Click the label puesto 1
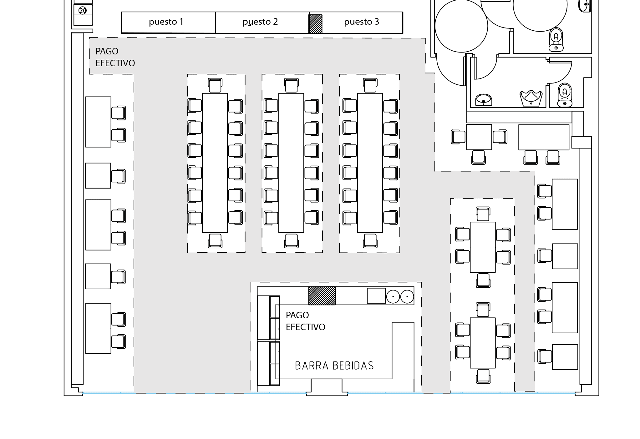point(166,22)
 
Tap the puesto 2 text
point(260,22)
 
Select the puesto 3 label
point(361,22)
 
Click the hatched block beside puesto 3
point(315,24)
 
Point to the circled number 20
point(83,11)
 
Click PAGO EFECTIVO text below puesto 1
point(115,57)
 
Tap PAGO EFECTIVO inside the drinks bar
point(305,321)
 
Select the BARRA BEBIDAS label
point(334,366)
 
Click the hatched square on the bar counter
point(322,295)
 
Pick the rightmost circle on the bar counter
point(407,296)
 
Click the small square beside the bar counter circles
point(376,296)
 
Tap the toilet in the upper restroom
point(556,40)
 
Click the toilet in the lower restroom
point(565,95)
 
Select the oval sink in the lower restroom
point(484,100)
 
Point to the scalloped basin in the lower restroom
point(531,98)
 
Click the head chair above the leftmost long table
point(215,85)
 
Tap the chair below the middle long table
point(291,241)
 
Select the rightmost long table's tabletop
point(370,163)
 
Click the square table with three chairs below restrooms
point(479,137)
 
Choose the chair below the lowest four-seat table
point(483,376)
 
